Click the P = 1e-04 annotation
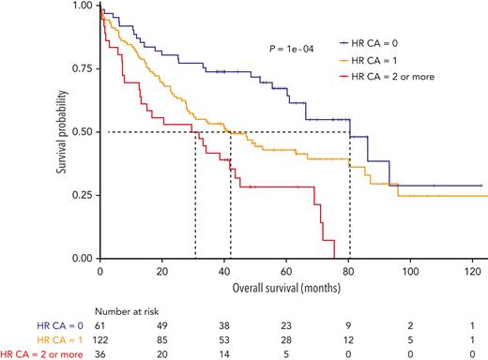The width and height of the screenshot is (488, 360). [x=295, y=44]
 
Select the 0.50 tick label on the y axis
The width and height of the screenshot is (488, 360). [x=82, y=132]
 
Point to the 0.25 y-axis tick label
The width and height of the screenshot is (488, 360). [x=82, y=195]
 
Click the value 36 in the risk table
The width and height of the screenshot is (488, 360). [x=101, y=354]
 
